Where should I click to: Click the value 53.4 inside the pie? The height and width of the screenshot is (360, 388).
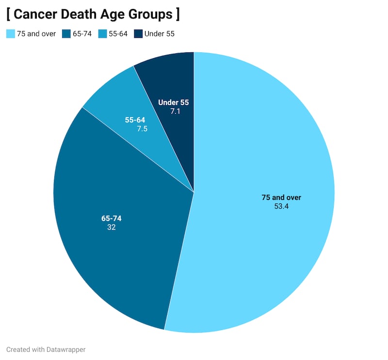point(281,206)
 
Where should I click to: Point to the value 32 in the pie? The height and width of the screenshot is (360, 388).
point(112,227)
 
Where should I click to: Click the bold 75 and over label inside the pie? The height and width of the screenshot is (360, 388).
point(281,197)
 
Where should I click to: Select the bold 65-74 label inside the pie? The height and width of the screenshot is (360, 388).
point(112,218)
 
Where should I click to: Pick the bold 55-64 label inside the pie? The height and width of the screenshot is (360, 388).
point(135,120)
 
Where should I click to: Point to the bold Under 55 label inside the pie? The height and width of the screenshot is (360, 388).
point(173,102)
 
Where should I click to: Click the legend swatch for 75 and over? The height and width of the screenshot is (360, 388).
point(11,34)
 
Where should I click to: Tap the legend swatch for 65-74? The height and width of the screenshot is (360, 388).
point(66,34)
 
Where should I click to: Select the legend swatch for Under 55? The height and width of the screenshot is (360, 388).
point(138,34)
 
